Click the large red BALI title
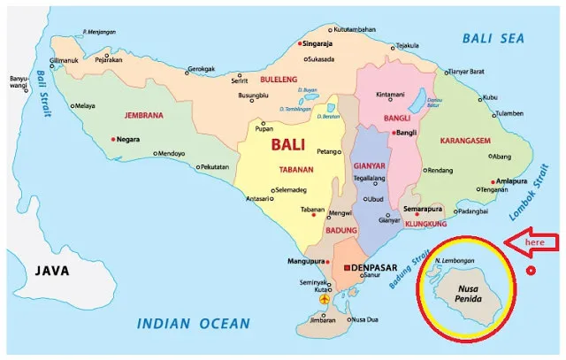click(x=292, y=144)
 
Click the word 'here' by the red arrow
click(x=536, y=241)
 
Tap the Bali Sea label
click(x=493, y=38)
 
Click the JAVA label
click(x=51, y=271)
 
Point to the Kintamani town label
click(x=390, y=94)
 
